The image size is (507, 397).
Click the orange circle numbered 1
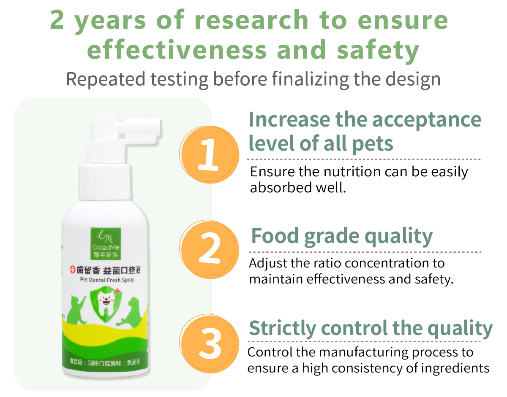click(x=210, y=154)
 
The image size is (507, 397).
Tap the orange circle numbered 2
click(x=210, y=249)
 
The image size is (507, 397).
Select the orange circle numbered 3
click(x=210, y=343)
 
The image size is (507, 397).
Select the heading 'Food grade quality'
click(x=342, y=237)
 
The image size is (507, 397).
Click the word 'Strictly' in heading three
click(x=283, y=329)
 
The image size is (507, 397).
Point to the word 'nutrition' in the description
click(x=352, y=172)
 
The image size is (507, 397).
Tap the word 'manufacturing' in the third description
click(x=363, y=353)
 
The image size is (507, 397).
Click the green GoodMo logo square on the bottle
click(x=106, y=243)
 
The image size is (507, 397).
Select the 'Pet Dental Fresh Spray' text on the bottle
click(x=107, y=280)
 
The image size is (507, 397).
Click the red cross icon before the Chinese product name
click(x=73, y=270)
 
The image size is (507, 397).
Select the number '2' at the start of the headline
click(x=57, y=20)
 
